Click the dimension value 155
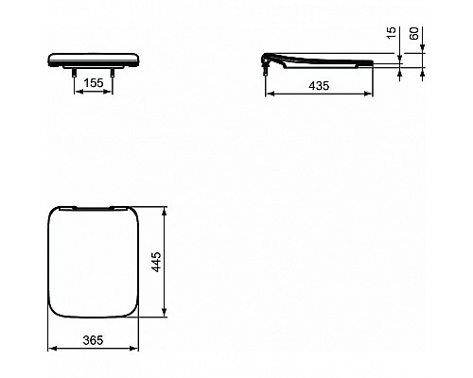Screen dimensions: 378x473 [93, 83]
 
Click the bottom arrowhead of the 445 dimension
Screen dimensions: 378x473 [166, 314]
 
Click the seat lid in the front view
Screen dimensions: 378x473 [93, 58]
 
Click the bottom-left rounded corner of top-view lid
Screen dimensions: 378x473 [54, 309]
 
